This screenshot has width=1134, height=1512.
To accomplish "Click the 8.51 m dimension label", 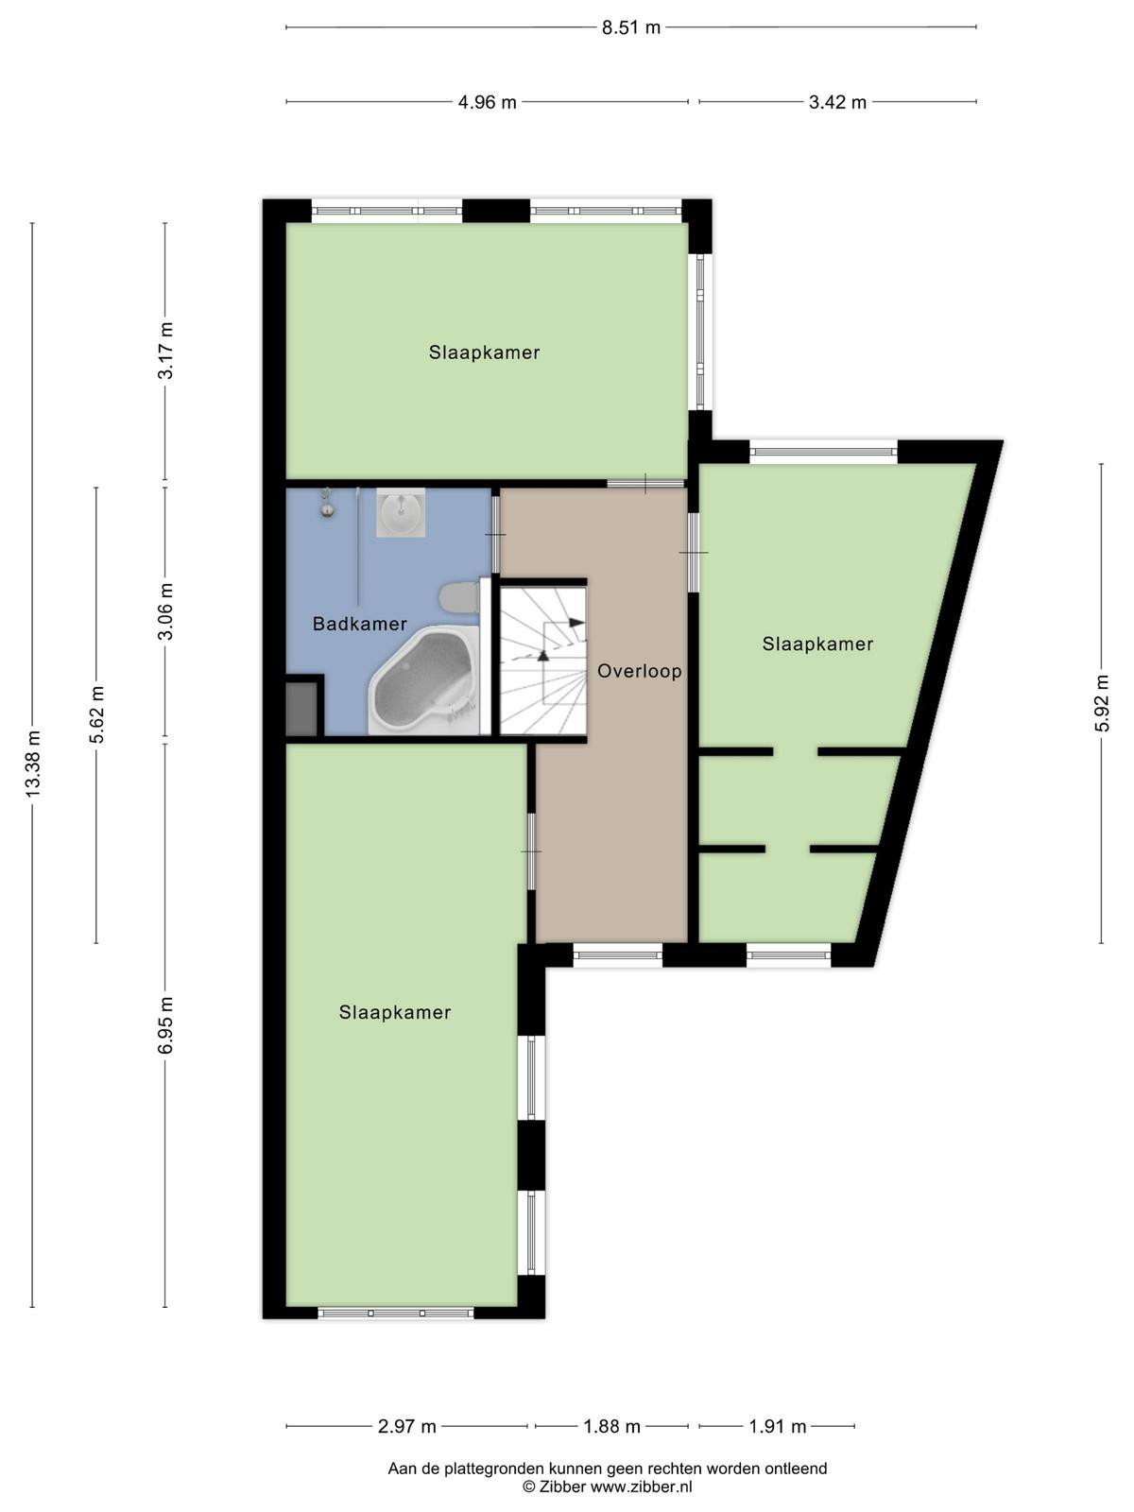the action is tap(630, 27).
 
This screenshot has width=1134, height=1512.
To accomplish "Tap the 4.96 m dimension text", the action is tap(487, 102).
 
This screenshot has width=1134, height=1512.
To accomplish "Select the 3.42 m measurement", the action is tap(837, 102).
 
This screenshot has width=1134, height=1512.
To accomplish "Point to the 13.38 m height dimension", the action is tap(32, 764).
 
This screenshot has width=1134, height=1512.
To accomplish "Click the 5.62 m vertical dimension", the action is tap(96, 714).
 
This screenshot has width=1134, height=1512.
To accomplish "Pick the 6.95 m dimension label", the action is tap(165, 1025).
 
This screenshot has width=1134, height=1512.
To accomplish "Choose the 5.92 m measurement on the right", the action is tap(1102, 703).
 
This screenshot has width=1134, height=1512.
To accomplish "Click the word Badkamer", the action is tap(359, 624).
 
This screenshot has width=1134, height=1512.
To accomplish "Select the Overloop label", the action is tap(639, 670).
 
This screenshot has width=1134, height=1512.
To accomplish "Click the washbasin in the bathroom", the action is tap(400, 512).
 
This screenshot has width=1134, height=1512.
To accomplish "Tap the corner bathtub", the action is tap(425, 679).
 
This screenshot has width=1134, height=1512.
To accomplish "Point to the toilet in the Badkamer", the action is tap(458, 597).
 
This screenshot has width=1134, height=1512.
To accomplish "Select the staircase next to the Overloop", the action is tap(542, 660).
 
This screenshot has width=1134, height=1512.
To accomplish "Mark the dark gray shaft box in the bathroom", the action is tap(301, 709).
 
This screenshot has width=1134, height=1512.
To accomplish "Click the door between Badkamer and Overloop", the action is tap(495, 535).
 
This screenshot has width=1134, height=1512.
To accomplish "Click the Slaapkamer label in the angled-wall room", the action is tap(817, 644).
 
